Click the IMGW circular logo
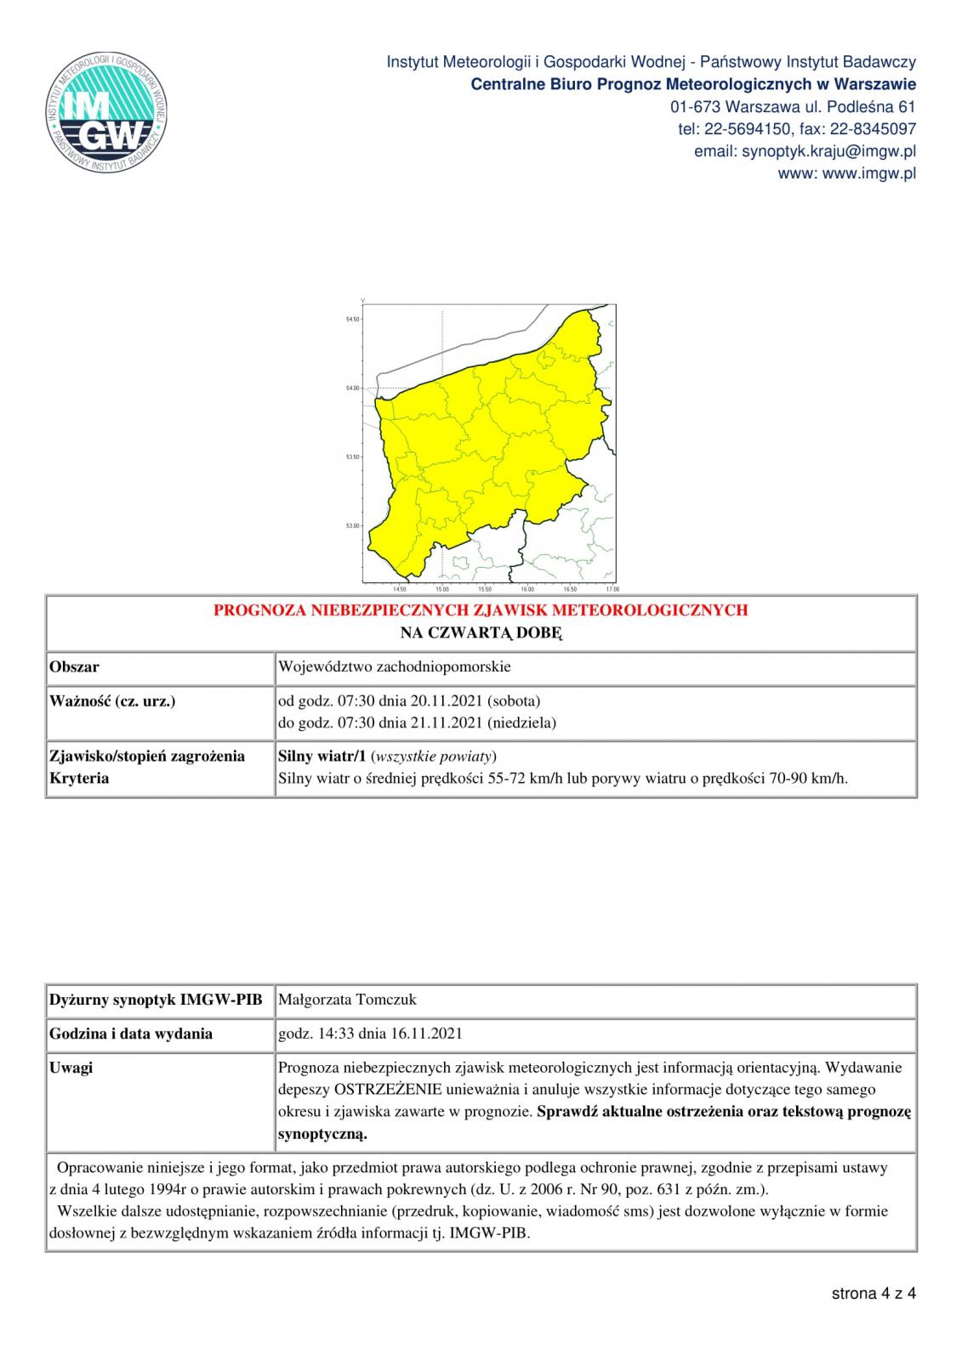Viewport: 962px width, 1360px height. tap(106, 113)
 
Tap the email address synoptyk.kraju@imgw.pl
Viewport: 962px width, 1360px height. tap(828, 151)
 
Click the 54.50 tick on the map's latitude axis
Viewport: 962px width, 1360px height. tap(352, 320)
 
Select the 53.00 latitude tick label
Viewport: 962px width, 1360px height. tap(352, 526)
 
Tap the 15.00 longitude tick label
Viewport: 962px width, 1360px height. tap(442, 589)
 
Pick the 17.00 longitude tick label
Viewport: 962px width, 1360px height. tap(612, 589)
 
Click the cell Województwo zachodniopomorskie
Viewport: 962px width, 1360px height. tap(395, 666)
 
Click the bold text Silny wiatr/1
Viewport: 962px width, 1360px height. tap(322, 756)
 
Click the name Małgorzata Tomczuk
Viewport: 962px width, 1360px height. tap(348, 1000)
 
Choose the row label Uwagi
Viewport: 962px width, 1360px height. tap(71, 1068)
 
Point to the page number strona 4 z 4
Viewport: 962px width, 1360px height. tap(874, 1294)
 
